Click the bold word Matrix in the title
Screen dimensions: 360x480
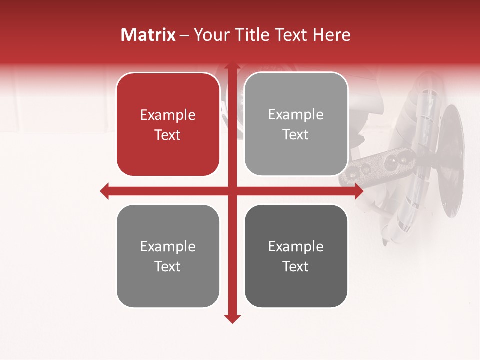(148, 35)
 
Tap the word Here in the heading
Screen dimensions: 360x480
(332, 35)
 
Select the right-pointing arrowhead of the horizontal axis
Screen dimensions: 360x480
(359, 191)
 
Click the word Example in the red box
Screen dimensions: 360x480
(168, 115)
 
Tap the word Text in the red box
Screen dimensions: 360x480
(168, 135)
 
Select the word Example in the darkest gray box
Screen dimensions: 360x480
(296, 247)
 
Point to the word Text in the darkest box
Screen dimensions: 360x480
(296, 266)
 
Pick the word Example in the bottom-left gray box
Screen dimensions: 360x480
(168, 247)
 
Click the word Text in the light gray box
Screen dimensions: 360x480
(296, 134)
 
